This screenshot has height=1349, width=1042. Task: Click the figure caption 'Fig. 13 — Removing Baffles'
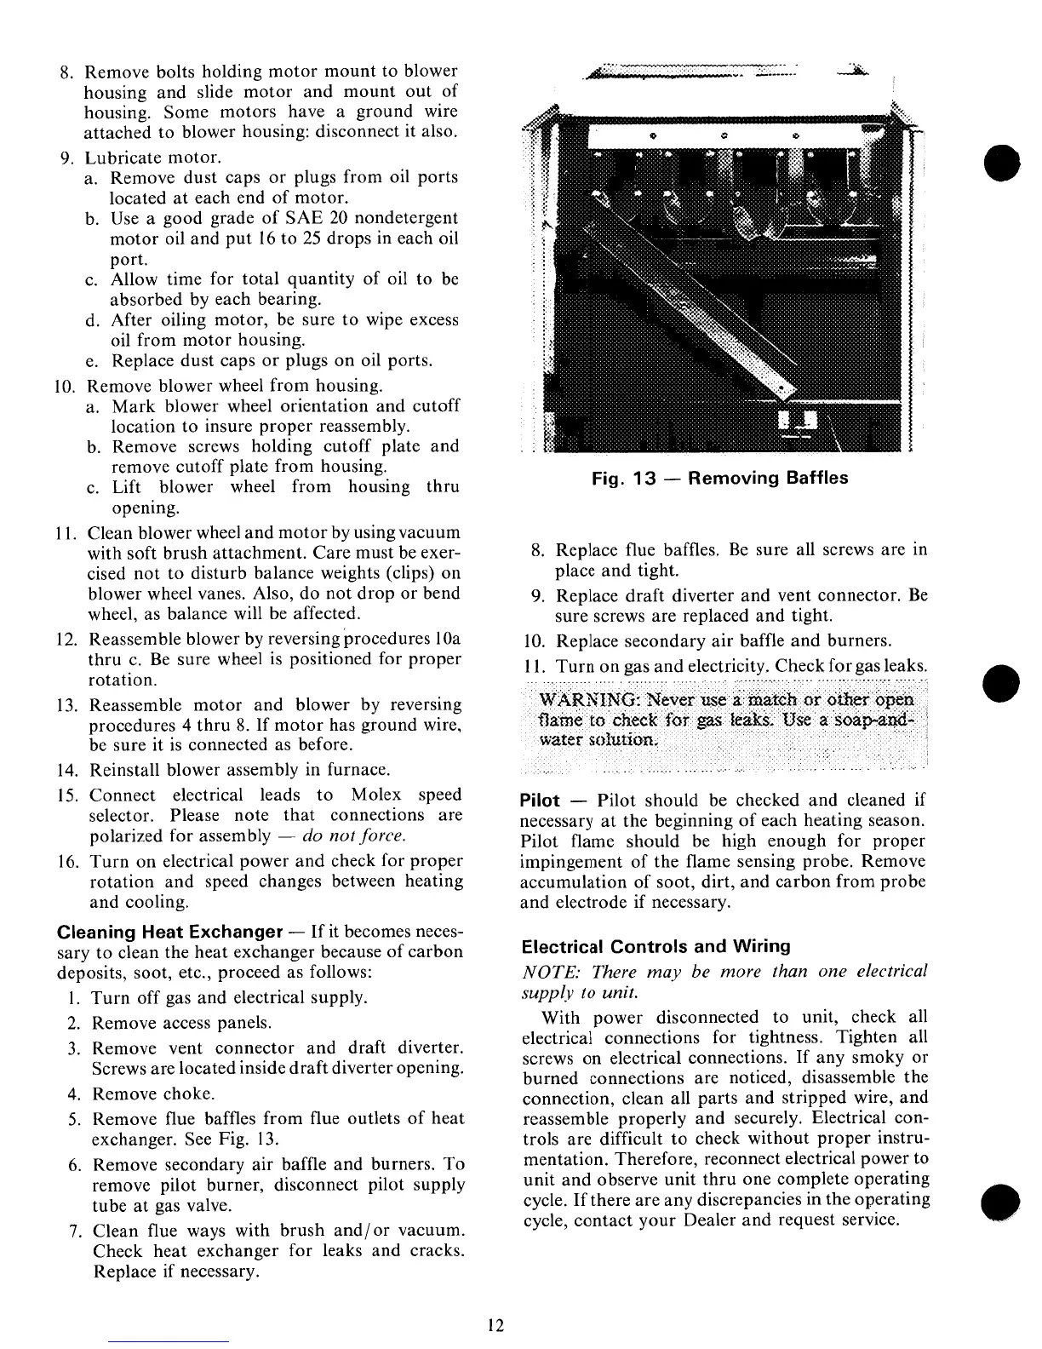click(x=720, y=478)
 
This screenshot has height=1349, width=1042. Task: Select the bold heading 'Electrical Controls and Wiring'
click(x=656, y=946)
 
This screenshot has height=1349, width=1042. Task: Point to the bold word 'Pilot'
click(x=540, y=801)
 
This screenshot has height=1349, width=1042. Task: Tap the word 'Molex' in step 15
click(x=376, y=795)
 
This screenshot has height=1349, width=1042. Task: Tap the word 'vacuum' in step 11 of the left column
click(x=429, y=532)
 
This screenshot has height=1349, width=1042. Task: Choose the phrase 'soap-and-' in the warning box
click(x=878, y=720)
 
